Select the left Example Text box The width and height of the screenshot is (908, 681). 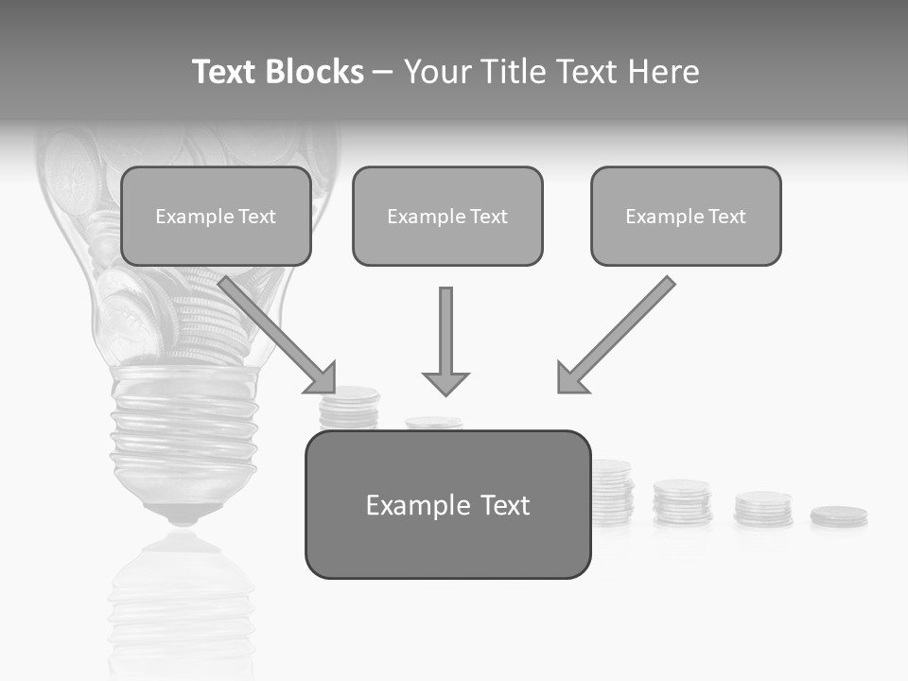216,216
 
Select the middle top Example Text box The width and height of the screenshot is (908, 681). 447,216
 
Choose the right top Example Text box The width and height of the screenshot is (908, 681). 686,216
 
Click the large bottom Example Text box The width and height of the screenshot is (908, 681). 447,504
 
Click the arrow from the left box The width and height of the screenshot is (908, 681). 274,331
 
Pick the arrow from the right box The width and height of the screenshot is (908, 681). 620,331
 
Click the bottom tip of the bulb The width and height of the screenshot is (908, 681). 183,517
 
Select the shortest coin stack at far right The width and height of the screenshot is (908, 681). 838,516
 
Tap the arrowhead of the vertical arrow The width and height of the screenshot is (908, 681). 445,382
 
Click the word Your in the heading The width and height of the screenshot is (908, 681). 438,72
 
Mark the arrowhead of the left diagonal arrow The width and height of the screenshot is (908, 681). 322,378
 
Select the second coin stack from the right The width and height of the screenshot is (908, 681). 763,509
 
